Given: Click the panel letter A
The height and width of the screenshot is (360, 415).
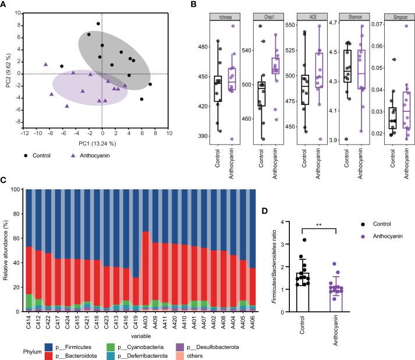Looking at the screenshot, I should pyautogui.click(x=6, y=5).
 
